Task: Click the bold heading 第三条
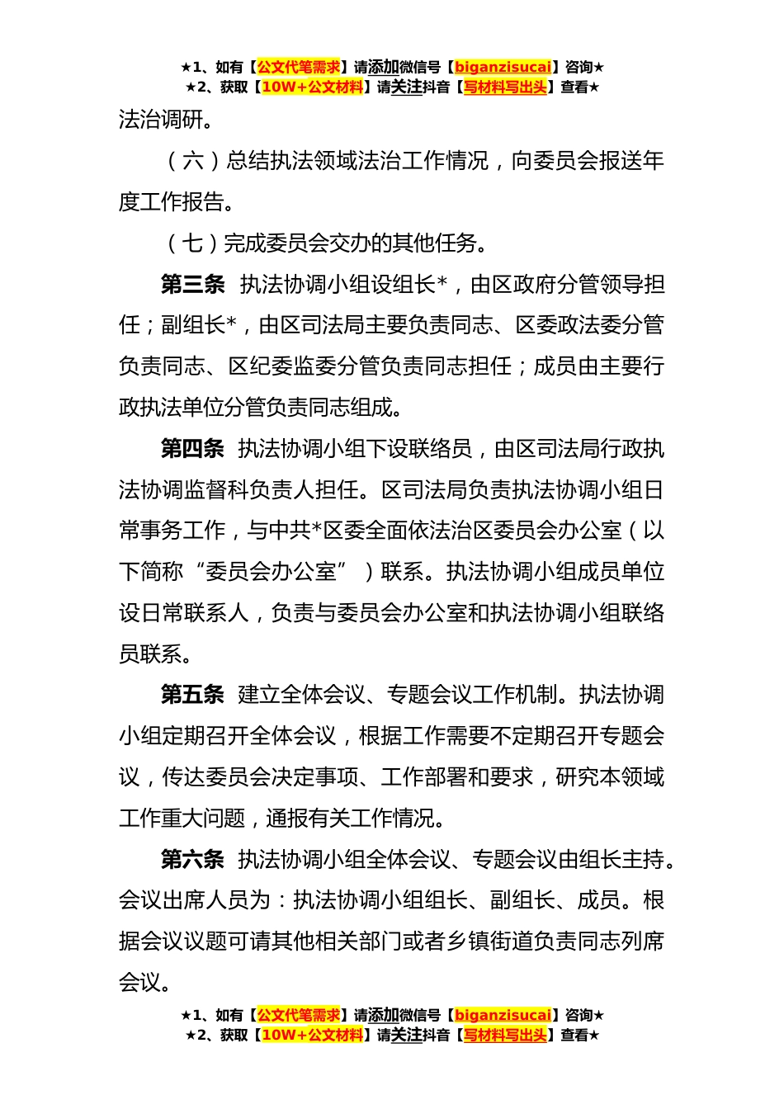tap(192, 285)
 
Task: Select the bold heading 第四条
tap(192, 449)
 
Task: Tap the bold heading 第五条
tap(192, 695)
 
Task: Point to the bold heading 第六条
tap(192, 860)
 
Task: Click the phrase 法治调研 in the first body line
tap(161, 120)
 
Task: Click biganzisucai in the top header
tap(503, 68)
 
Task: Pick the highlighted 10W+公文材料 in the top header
tap(312, 87)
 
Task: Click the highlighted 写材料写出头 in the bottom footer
tap(505, 1036)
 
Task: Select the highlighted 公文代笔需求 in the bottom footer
tap(299, 1016)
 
